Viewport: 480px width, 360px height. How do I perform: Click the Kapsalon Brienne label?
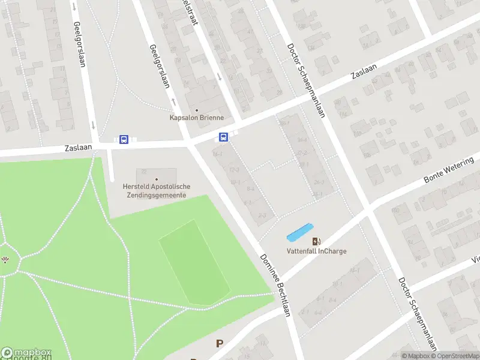[196, 118]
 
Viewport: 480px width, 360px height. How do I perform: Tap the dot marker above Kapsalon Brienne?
[196, 110]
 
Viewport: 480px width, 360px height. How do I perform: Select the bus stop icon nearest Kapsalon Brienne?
[223, 137]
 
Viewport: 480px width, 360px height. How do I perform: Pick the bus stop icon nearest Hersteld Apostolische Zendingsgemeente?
[124, 140]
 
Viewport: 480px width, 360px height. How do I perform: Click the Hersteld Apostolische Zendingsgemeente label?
[157, 191]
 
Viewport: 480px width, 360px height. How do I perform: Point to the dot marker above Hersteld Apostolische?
[157, 179]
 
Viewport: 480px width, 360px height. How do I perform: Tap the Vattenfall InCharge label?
[316, 251]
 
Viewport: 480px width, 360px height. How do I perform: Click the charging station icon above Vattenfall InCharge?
[316, 241]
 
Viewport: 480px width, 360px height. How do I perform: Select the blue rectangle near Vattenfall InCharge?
[300, 232]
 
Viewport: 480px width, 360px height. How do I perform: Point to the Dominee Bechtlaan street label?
[275, 284]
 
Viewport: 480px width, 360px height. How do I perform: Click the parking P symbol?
[220, 343]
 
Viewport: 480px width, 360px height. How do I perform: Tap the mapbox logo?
[26, 353]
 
